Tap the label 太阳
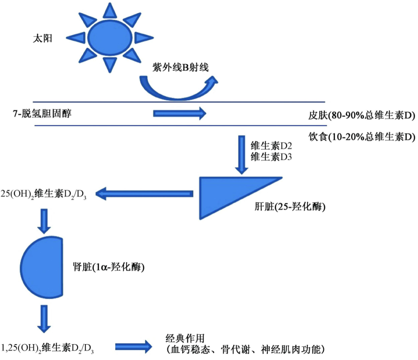point(42,39)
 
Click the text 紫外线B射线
point(181,67)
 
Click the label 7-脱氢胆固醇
point(42,114)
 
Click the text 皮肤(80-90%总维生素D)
point(361,116)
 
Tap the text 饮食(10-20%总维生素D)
point(361,137)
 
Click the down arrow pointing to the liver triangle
point(242,155)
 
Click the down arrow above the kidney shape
point(45,221)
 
